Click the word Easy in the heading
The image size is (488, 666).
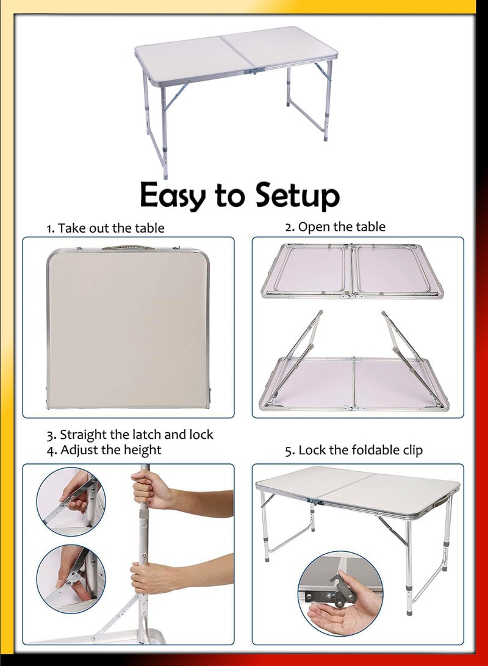coord(174,195)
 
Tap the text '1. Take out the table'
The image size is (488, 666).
coord(106,228)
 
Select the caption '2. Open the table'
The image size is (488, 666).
coord(335,226)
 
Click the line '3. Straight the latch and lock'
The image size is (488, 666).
coord(130,435)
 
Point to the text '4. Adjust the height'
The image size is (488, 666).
coord(104,450)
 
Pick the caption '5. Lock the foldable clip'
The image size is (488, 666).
coord(354,451)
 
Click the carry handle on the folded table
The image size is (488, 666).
coord(127,247)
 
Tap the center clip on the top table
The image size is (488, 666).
coord(256,71)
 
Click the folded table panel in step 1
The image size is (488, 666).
coord(127,330)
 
